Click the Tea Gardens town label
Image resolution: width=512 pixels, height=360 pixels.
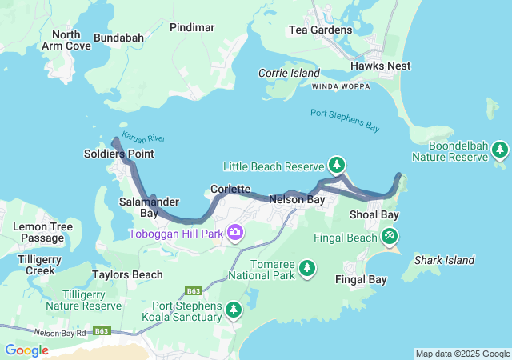click(320, 30)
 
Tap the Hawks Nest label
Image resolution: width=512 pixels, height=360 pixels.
click(380, 66)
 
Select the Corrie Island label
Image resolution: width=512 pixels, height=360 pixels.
click(289, 73)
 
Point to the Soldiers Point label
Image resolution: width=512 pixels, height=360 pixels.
click(119, 153)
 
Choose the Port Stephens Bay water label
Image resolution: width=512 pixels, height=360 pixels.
click(345, 120)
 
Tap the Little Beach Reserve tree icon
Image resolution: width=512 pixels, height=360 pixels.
click(338, 166)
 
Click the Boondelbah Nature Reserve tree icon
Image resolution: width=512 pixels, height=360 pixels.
click(500, 150)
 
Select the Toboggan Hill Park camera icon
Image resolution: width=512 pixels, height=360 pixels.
click(235, 233)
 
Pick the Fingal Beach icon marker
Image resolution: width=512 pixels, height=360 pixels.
click(390, 237)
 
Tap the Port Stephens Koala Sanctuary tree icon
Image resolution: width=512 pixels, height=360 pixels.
click(234, 309)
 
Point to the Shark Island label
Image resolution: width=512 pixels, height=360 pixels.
click(444, 260)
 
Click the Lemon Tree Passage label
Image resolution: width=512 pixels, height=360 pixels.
click(42, 232)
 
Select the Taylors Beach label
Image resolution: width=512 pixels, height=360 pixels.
click(127, 274)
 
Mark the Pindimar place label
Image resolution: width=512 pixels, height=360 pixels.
click(192, 27)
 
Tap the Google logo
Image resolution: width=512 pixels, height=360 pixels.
click(26, 350)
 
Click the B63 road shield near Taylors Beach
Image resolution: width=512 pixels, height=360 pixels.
click(193, 290)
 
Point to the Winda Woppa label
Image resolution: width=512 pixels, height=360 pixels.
click(341, 86)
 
